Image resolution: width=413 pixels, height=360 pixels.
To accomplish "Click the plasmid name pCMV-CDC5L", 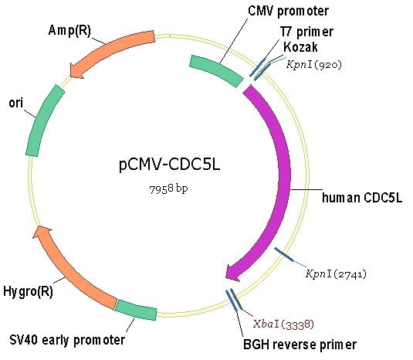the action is [169, 165].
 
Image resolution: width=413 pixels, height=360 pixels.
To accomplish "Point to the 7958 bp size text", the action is [168, 188].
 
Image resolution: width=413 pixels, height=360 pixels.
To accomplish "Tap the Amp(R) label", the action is [69, 30].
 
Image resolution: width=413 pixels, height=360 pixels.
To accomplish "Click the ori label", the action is [15, 103].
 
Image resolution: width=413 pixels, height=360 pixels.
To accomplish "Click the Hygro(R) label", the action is [29, 291].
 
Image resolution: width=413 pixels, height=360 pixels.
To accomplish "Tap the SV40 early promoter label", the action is [67, 340].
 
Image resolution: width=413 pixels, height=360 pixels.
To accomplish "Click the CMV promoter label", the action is [289, 11].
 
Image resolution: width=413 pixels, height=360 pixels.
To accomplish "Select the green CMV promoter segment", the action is [216, 70].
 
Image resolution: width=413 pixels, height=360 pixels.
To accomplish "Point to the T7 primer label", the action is [306, 32].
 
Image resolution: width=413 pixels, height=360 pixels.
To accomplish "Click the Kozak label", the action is [300, 47].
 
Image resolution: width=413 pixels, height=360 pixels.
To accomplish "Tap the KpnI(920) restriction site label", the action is [313, 64].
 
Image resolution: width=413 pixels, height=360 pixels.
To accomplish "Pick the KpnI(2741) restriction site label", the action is [336, 274].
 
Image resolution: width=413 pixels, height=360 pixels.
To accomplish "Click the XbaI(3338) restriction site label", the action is [283, 324].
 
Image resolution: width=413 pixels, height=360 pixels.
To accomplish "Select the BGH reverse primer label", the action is [300, 345].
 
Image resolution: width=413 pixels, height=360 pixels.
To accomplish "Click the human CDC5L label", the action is [362, 198].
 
